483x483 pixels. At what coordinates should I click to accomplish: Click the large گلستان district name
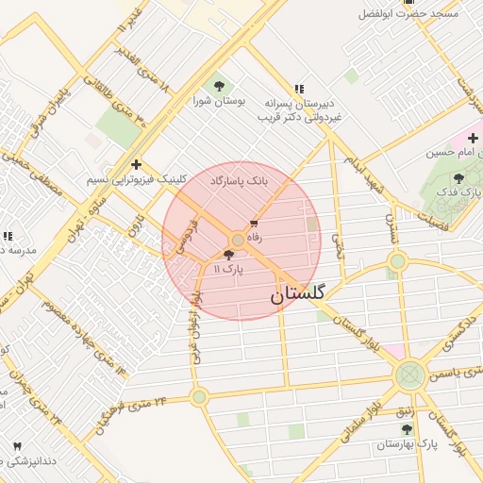(297, 295)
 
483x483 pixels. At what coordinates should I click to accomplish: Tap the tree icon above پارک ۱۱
(228, 255)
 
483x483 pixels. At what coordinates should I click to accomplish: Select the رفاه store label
(259, 239)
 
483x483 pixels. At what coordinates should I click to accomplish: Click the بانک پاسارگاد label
(239, 178)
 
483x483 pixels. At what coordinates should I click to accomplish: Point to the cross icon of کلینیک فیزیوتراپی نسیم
(136, 164)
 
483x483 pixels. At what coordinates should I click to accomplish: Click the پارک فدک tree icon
(458, 178)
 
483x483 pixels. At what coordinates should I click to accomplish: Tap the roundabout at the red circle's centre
(238, 241)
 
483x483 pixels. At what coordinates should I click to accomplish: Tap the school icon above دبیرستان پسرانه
(299, 88)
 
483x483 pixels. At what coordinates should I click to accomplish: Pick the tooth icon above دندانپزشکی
(16, 445)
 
